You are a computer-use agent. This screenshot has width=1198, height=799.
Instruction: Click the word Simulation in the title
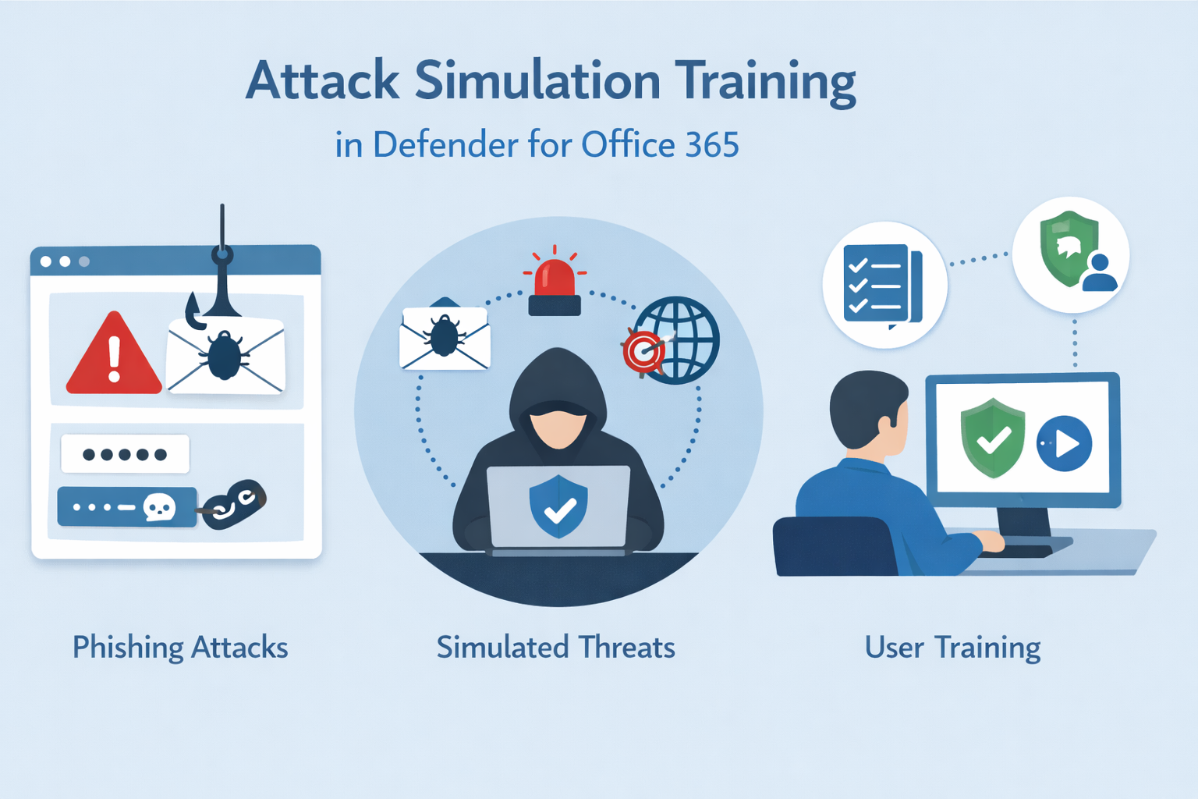537,81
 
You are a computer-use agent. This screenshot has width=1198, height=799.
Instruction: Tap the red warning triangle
114,355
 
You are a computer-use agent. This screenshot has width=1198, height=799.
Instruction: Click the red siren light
555,285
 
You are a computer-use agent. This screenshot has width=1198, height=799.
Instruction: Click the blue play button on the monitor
1065,443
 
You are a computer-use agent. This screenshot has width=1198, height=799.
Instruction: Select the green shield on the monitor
993,438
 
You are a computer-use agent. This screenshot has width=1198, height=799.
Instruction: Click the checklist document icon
881,284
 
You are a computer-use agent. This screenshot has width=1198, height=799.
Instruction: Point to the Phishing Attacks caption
180,648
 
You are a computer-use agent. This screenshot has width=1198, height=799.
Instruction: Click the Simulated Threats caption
555,648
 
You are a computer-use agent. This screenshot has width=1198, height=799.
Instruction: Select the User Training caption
952,648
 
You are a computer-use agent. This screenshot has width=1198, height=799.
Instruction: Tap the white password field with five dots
125,454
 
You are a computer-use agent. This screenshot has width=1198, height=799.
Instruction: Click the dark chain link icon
233,505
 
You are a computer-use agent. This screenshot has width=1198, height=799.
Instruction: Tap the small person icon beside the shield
1100,274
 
